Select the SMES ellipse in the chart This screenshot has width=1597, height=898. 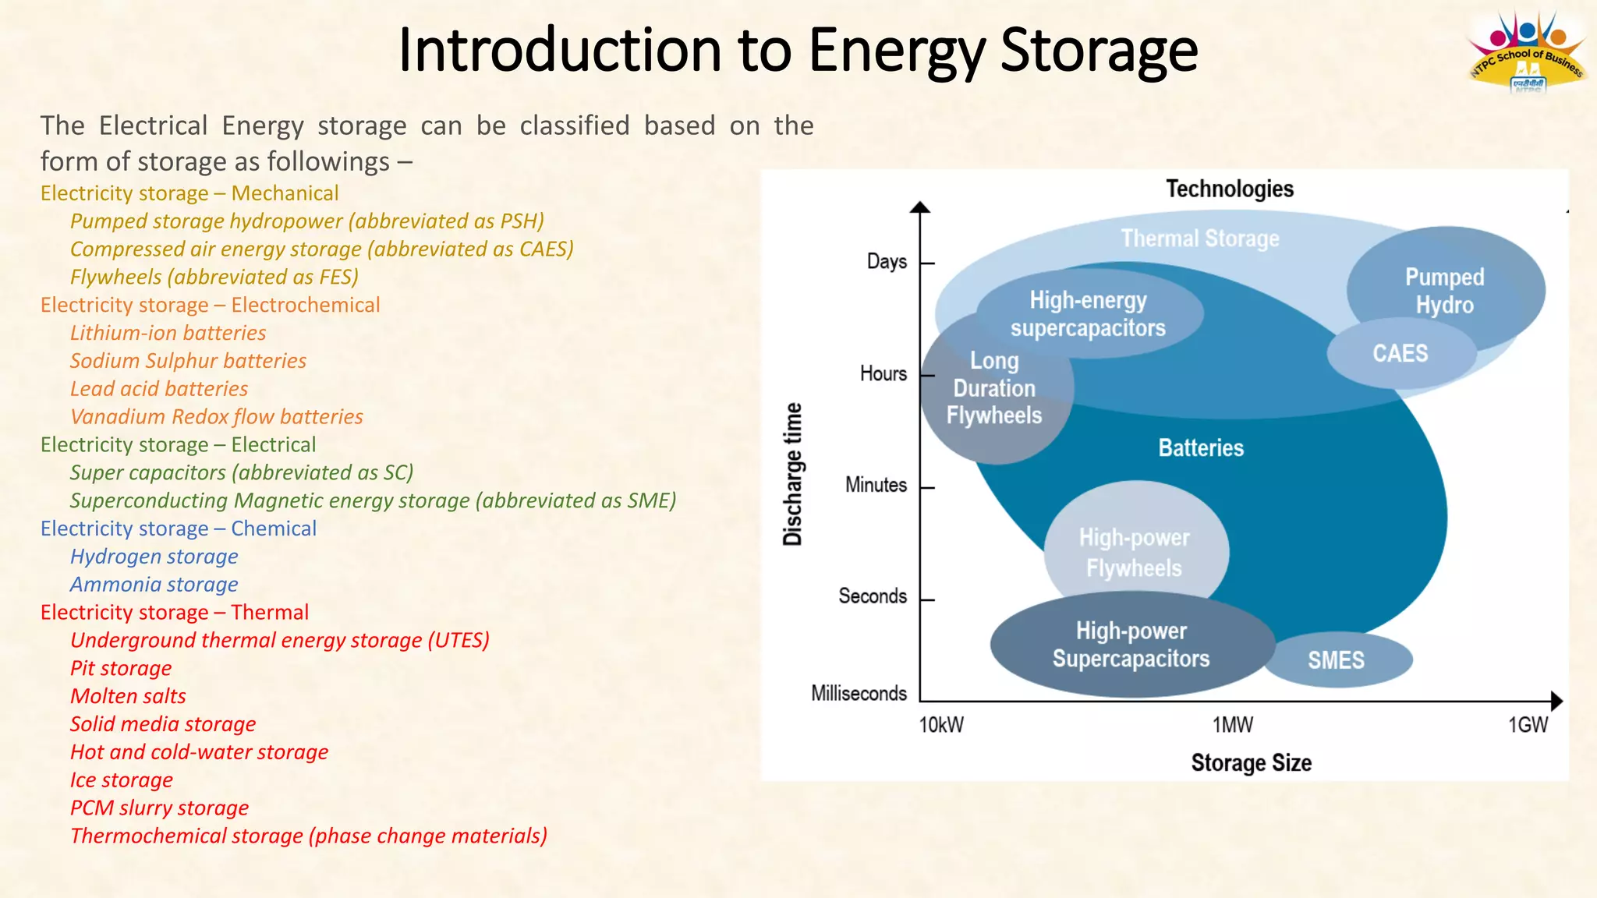1337,660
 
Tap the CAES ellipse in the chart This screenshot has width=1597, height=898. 1400,354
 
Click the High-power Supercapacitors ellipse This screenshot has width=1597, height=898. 1131,645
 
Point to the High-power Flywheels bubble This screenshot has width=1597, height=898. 1135,552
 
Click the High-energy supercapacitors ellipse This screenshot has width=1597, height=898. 1088,313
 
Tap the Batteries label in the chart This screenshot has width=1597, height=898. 1201,447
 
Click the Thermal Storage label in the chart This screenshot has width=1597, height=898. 1199,239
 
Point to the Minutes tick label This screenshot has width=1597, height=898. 876,485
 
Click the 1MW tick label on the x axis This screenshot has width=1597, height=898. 1233,725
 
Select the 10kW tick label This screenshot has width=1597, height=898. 941,725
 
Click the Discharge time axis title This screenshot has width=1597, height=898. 792,473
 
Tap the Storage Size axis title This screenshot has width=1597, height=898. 1251,762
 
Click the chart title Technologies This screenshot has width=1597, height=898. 1230,189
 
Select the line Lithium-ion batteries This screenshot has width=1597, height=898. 168,333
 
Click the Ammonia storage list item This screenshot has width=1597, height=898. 154,585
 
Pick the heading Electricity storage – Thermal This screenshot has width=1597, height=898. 175,613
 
